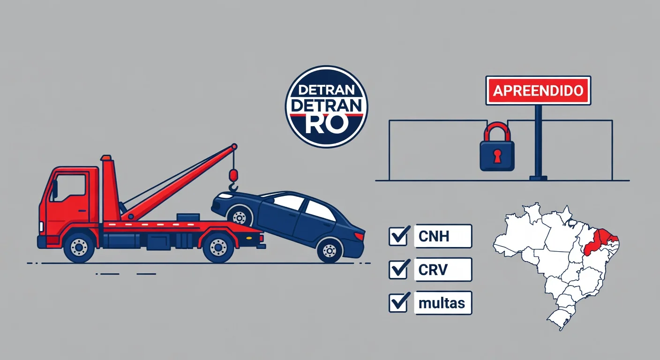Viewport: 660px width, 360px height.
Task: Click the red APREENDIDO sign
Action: (x=538, y=90)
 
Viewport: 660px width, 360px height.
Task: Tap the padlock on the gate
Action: (x=497, y=147)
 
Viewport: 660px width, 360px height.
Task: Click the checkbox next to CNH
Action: (x=398, y=236)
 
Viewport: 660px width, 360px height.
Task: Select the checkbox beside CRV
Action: (x=398, y=269)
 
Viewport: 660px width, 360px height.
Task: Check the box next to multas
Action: (x=398, y=302)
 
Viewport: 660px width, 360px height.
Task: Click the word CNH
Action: (x=434, y=236)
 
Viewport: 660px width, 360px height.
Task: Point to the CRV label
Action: (x=433, y=270)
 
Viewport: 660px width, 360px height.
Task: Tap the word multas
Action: (x=442, y=303)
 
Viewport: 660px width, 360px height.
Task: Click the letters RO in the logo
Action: (x=326, y=123)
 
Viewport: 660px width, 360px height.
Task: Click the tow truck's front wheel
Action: (x=79, y=247)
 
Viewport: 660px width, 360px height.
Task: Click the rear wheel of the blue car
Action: (x=330, y=251)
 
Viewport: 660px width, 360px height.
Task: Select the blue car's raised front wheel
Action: (x=240, y=217)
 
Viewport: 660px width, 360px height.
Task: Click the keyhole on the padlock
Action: (x=497, y=156)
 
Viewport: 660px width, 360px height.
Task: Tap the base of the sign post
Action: (x=538, y=178)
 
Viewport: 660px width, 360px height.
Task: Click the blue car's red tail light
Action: (x=360, y=236)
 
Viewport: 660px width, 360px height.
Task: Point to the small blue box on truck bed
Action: (x=188, y=217)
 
